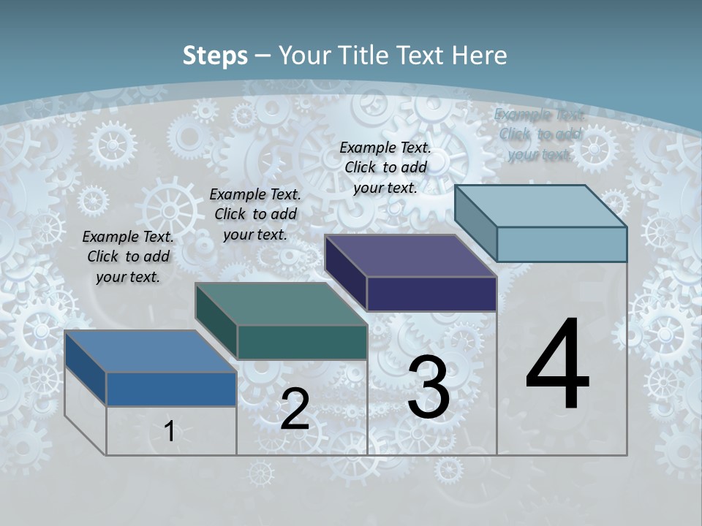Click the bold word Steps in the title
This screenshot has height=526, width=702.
(215, 56)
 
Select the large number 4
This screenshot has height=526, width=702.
(558, 365)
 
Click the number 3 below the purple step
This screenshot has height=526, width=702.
(429, 387)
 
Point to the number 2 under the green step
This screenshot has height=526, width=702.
(295, 410)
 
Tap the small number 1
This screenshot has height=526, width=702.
(169, 432)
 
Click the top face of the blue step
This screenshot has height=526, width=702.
(150, 351)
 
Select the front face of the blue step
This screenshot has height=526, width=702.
(171, 389)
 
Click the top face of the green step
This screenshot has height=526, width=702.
(281, 304)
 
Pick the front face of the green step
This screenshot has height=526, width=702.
(302, 342)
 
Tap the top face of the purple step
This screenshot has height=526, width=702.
(410, 256)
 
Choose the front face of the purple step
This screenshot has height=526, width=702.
(431, 294)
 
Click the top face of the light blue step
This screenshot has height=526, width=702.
(541, 206)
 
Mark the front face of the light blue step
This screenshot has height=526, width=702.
(562, 244)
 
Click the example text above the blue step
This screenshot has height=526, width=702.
(128, 256)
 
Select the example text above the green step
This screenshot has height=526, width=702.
(255, 214)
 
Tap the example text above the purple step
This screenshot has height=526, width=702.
(385, 167)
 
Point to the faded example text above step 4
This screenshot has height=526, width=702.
(540, 134)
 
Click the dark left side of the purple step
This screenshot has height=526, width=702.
(345, 272)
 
